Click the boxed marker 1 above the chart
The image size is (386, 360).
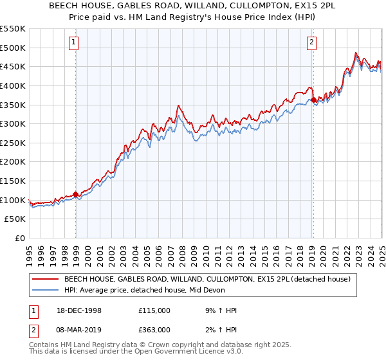click(75, 43)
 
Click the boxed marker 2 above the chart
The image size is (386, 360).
click(311, 43)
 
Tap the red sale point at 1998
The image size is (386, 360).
click(76, 194)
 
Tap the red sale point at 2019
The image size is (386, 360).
click(313, 100)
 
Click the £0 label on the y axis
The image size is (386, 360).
click(20, 239)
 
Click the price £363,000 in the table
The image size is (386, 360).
click(154, 329)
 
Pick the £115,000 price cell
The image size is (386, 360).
click(154, 310)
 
